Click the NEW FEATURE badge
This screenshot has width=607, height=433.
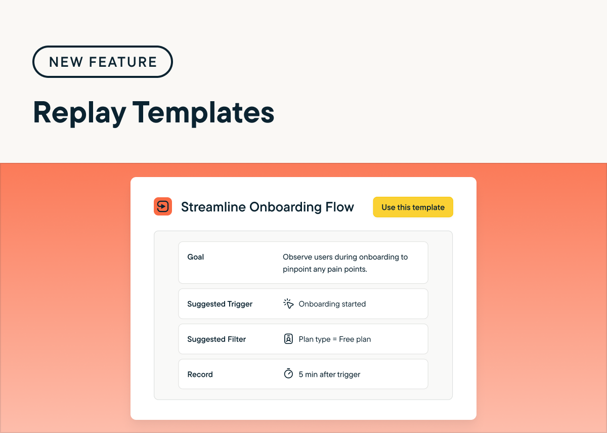[x=103, y=62]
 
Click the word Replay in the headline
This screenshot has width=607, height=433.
[x=79, y=112]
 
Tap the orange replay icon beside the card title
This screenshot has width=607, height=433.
[x=163, y=206]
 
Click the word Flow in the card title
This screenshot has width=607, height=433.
[x=340, y=207]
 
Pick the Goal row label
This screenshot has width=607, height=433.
[x=196, y=257]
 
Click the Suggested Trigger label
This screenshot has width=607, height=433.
[x=220, y=304]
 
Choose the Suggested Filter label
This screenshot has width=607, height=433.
[x=216, y=339]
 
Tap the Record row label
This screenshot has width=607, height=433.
[x=200, y=374]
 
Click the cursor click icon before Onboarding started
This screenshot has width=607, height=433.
[x=288, y=304]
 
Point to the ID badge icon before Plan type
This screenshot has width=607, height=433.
[x=288, y=339]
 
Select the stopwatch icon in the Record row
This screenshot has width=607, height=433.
[x=288, y=374]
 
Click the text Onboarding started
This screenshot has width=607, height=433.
[x=332, y=304]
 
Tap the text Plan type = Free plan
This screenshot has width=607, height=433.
[x=335, y=339]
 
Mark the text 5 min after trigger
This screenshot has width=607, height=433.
[x=329, y=374]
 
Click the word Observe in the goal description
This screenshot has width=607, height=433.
[x=298, y=257]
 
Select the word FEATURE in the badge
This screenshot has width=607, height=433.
[x=123, y=62]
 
